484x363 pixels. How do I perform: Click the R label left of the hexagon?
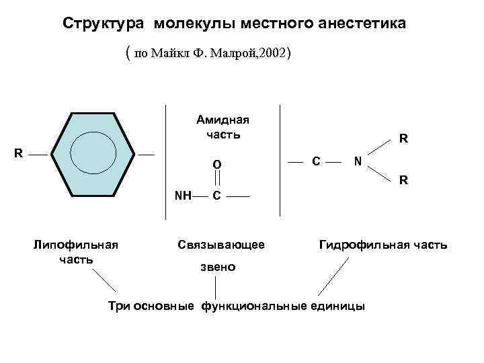pos(19,153)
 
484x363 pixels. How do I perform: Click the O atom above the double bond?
pos(217,163)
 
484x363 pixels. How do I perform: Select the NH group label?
pos(182,196)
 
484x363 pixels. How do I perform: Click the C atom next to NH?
pos(216,196)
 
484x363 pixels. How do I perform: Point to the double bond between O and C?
pos(217,179)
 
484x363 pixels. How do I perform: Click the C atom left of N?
pos(316,161)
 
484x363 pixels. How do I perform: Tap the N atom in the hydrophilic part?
pos(358,161)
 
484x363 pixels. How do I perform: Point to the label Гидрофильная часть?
pos(382,245)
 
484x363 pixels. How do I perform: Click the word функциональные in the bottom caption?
pos(251,306)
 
